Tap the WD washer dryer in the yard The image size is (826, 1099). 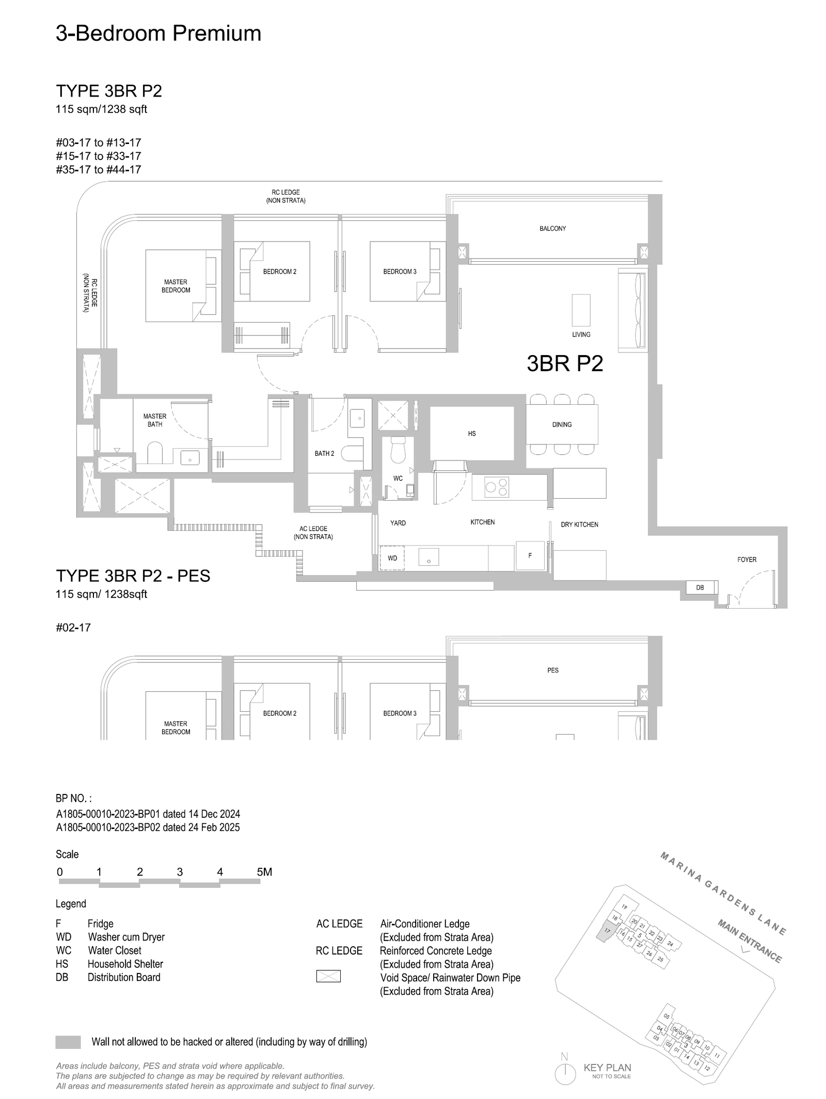(x=392, y=558)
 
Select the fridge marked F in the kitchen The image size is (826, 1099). (x=530, y=555)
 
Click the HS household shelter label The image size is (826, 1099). (x=472, y=434)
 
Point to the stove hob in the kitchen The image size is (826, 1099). (x=497, y=487)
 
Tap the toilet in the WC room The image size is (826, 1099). (x=398, y=450)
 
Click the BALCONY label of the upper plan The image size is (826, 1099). (x=553, y=228)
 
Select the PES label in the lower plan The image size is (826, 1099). (x=553, y=670)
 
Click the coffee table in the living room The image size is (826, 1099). (x=581, y=310)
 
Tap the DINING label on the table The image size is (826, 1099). (x=562, y=424)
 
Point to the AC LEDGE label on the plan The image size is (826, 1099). (x=313, y=533)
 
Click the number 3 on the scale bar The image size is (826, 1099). (x=180, y=872)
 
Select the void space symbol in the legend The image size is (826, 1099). (x=328, y=976)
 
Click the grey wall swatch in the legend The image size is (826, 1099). (x=68, y=1042)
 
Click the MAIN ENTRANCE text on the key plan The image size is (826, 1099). (x=750, y=941)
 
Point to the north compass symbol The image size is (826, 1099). (x=565, y=1072)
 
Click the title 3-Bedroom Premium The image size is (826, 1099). (x=158, y=34)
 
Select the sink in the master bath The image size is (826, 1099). (x=190, y=457)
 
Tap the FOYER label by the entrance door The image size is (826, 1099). (x=747, y=560)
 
